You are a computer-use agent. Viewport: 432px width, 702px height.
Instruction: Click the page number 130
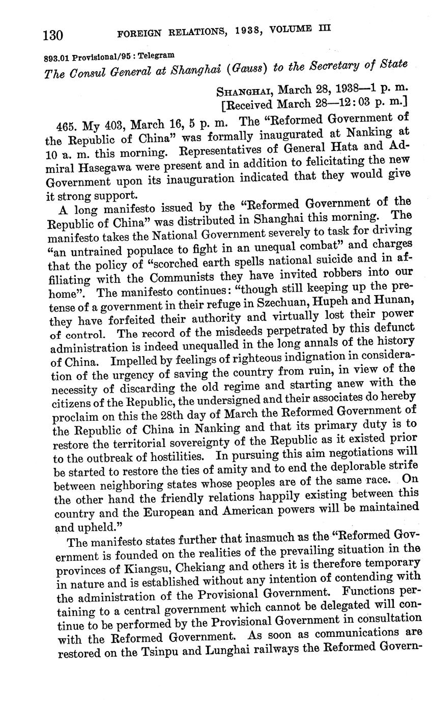pyautogui.click(x=53, y=35)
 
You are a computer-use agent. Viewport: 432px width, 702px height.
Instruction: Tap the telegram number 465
pyautogui.click(x=69, y=126)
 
